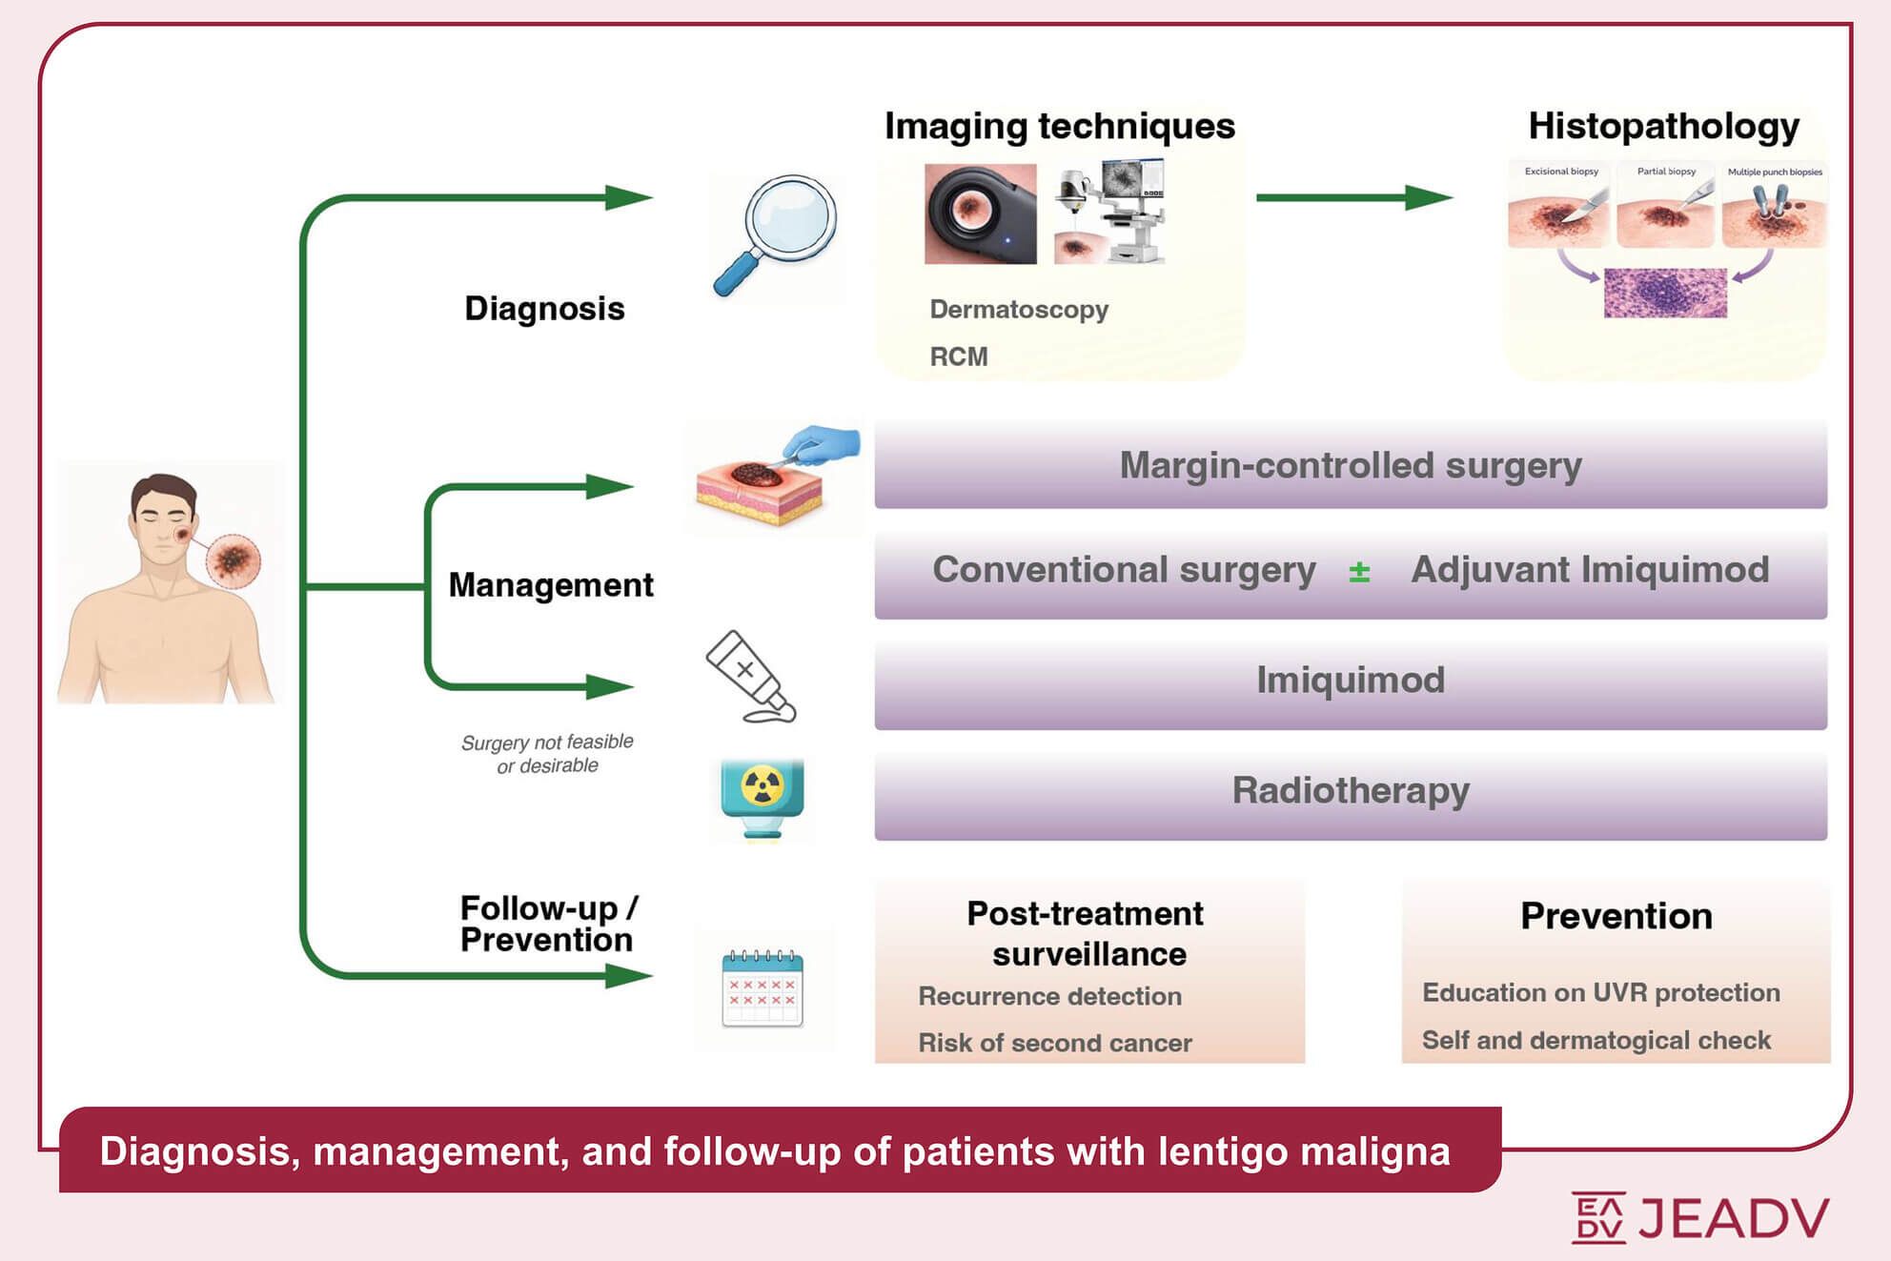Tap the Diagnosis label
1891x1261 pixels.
[x=544, y=309]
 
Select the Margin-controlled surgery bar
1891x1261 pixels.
[x=1350, y=465]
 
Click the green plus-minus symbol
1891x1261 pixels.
[x=1359, y=572]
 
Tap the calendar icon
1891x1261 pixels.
[x=762, y=989]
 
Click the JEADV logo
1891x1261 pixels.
[x=1700, y=1217]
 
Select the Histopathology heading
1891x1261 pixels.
[x=1663, y=126]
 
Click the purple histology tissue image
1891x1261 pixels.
[x=1665, y=293]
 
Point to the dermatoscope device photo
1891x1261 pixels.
[x=980, y=214]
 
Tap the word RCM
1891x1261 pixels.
[x=959, y=356]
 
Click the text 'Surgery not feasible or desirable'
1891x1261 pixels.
[x=547, y=754]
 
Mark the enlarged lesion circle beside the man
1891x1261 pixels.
[x=233, y=560]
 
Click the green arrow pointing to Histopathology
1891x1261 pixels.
[x=1353, y=197]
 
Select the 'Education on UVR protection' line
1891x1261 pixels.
[x=1600, y=992]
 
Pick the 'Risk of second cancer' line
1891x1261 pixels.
[x=1054, y=1043]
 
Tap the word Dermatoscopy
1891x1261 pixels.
[x=1019, y=310]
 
